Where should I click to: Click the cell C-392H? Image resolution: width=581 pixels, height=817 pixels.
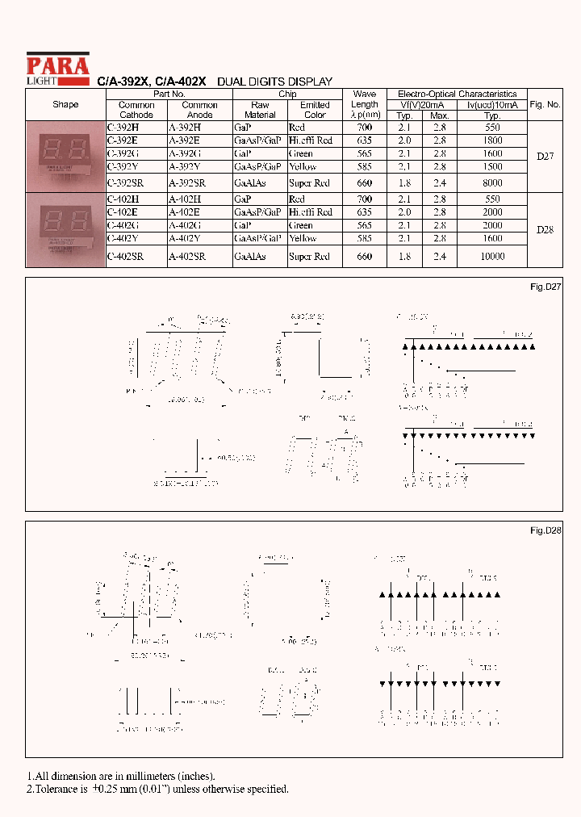[123, 128]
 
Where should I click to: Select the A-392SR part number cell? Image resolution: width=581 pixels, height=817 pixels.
[187, 183]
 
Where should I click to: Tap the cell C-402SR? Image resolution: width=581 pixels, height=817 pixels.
[125, 257]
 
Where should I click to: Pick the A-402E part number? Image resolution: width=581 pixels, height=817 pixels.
[184, 212]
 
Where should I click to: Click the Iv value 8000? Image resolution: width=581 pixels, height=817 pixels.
[491, 183]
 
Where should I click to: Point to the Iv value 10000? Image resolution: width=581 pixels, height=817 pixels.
[491, 257]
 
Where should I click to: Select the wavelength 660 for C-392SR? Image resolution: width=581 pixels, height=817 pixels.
[364, 183]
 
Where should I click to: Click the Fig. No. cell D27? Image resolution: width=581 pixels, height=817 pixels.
[545, 157]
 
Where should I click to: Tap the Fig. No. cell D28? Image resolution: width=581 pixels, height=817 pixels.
[545, 230]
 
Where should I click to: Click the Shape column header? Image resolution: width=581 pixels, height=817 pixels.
[65, 105]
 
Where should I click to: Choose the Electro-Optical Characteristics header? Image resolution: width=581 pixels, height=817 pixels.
[458, 94]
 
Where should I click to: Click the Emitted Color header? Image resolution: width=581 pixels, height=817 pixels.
[315, 110]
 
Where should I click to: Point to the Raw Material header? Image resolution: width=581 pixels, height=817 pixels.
[260, 110]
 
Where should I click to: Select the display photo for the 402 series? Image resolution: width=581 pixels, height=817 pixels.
[65, 230]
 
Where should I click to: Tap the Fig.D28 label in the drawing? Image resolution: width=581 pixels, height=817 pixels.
[545, 530]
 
